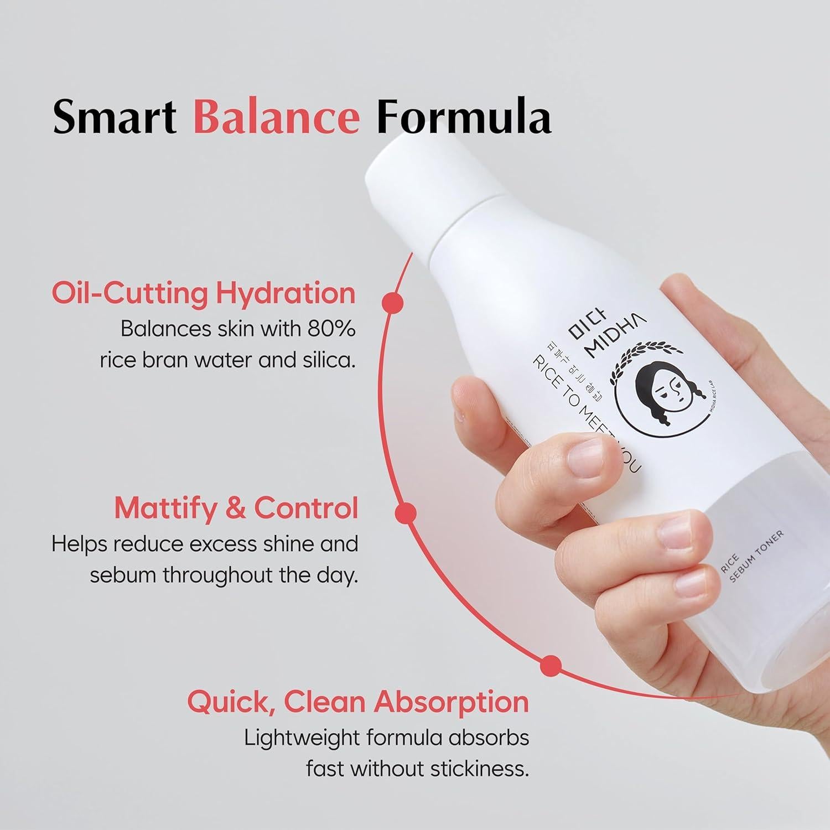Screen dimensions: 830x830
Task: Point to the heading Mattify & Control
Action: [236, 509]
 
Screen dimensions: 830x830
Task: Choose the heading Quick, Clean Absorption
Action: [358, 702]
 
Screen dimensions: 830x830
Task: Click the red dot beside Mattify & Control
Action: [406, 512]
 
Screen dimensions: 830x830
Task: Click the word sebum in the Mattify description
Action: [117, 575]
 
